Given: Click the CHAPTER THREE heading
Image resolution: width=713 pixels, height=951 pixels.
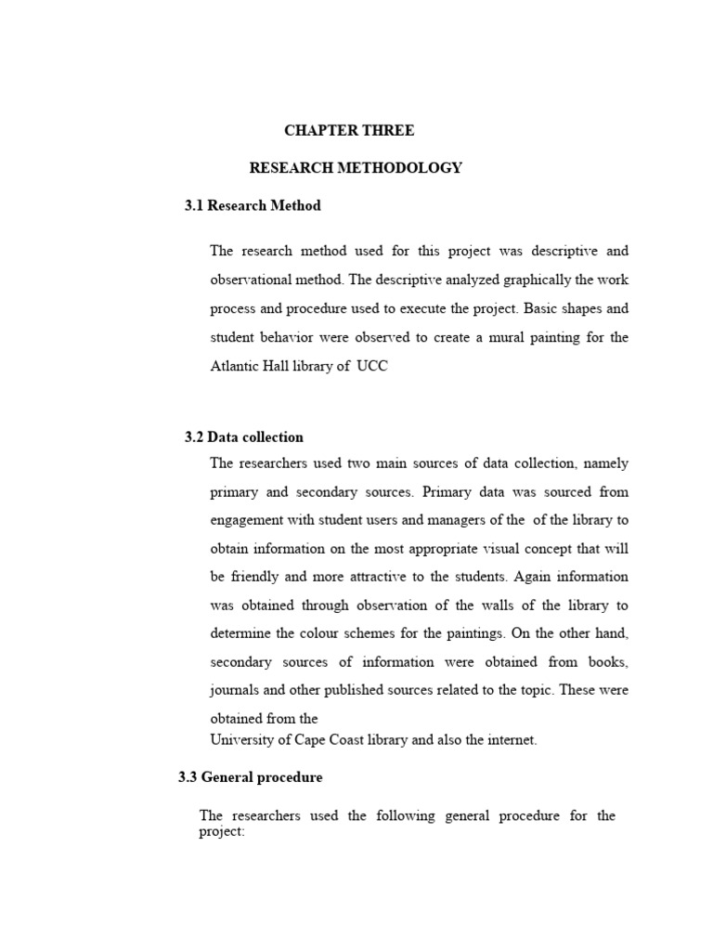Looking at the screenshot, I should pos(349,131).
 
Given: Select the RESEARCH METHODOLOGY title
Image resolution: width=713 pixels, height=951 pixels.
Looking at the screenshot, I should pos(356,168).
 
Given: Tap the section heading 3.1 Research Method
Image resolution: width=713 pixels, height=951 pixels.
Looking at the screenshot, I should pos(253,205).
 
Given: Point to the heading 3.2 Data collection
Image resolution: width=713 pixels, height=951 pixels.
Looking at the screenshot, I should pos(244,436).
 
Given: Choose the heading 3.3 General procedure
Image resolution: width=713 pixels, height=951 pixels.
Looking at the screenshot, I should pos(251,776).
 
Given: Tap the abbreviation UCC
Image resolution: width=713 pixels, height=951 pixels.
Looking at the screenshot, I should pos(371,366).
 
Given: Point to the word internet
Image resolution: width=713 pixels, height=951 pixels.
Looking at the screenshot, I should pos(510,740).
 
